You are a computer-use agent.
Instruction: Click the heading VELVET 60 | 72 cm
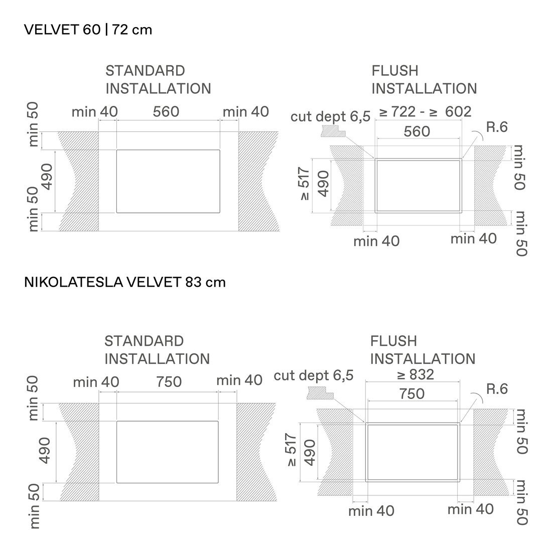(88, 30)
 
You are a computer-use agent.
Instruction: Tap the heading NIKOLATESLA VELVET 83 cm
(124, 283)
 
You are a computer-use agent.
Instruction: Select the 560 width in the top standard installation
(166, 111)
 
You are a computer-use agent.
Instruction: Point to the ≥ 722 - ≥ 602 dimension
(425, 111)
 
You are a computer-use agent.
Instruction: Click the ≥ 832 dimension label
(416, 374)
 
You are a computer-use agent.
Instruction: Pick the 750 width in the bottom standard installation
(169, 381)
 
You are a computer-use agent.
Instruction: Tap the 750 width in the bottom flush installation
(412, 393)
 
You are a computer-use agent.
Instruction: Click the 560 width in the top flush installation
(417, 131)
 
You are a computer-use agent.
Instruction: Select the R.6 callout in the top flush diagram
(497, 127)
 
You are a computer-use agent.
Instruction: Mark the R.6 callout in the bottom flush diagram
(497, 389)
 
